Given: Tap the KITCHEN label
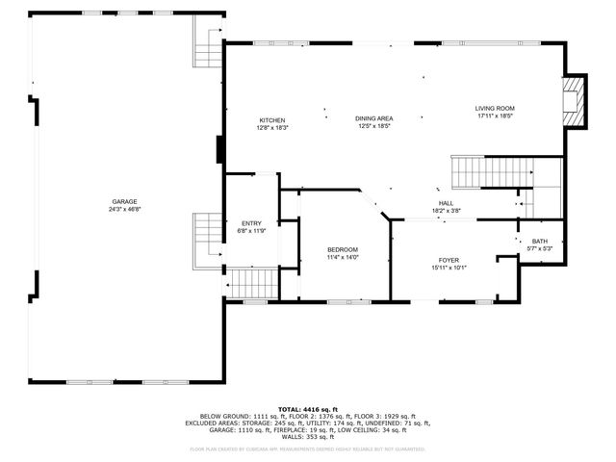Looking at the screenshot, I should pos(271,120).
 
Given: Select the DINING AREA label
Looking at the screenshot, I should pos(373,117).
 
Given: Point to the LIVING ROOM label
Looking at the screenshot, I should pos(495,108).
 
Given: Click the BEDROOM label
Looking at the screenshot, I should pos(342,249).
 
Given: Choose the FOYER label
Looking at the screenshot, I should pos(449,260).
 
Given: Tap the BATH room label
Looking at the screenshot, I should pos(539,242).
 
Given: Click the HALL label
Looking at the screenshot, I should pos(446,203).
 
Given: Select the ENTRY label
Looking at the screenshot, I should pos(249,222).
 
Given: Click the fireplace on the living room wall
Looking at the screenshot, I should pos(575,101).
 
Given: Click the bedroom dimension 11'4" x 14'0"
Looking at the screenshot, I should pos(342,257).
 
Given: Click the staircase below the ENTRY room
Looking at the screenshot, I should pos(253,284).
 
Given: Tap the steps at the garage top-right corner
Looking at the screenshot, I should pos(208,44).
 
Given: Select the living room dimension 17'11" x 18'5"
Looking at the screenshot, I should pos(495,115).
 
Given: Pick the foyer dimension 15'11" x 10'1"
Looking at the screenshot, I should pos(449,268).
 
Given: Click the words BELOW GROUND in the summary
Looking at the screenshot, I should pos(220,416).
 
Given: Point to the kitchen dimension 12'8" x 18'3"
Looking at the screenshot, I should pos(271,128).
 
